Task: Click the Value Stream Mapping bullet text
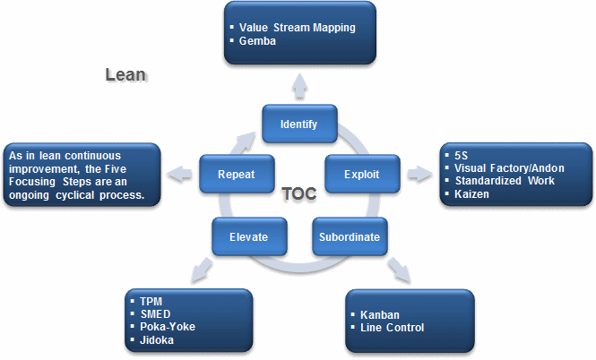click(x=297, y=27)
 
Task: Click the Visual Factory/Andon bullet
click(x=508, y=167)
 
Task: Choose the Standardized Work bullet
click(x=504, y=181)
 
